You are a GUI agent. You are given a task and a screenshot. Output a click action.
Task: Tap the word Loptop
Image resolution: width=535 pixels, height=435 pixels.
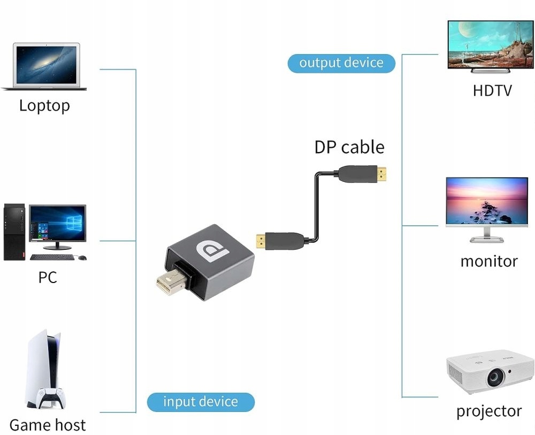pyautogui.click(x=44, y=105)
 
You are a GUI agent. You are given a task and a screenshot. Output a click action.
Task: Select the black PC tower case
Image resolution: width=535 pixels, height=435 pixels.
pyautogui.click(x=14, y=232)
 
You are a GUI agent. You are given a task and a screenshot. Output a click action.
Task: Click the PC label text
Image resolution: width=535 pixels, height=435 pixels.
pyautogui.click(x=48, y=278)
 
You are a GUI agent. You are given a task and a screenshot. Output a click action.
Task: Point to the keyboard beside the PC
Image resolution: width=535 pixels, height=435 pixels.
pyautogui.click(x=52, y=257)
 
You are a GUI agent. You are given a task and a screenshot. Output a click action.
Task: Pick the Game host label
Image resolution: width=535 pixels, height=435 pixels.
pyautogui.click(x=48, y=425)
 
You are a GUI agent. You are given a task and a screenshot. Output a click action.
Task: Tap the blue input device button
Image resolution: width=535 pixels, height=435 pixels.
pyautogui.click(x=201, y=402)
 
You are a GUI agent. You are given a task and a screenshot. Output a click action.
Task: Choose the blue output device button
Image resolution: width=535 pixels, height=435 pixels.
pyautogui.click(x=341, y=63)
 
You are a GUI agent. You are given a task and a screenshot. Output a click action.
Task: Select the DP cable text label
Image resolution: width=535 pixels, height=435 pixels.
pyautogui.click(x=349, y=147)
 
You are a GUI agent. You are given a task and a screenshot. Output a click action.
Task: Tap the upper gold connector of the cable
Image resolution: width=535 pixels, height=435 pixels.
pyautogui.click(x=381, y=173)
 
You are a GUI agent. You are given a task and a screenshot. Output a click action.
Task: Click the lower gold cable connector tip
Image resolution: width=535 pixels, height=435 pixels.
pyautogui.click(x=261, y=241)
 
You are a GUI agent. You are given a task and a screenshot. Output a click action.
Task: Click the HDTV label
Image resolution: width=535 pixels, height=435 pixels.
pyautogui.click(x=492, y=90)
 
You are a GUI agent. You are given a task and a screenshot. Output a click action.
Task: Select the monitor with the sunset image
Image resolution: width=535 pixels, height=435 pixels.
pyautogui.click(x=486, y=204)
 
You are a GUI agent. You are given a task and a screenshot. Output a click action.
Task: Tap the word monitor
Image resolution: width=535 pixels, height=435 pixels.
pyautogui.click(x=489, y=262)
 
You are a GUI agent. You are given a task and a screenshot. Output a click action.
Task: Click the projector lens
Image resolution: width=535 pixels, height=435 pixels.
pyautogui.click(x=494, y=378)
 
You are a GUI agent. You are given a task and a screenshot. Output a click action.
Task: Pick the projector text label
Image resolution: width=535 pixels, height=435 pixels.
pyautogui.click(x=489, y=411)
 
